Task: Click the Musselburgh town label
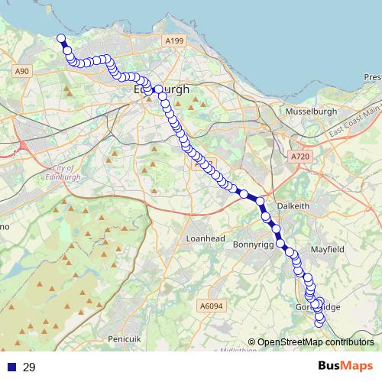pyautogui.click(x=310, y=112)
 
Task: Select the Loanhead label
pyautogui.click(x=204, y=238)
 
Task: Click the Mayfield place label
pyautogui.click(x=328, y=250)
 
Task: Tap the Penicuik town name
pyautogui.click(x=125, y=338)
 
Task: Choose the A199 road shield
pyautogui.click(x=173, y=40)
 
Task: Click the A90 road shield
pyautogui.click(x=21, y=71)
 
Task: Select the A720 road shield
pyautogui.click(x=300, y=156)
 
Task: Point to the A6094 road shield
pyautogui.click(x=210, y=306)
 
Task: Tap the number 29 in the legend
pyautogui.click(x=29, y=367)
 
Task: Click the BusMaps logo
pyautogui.click(x=345, y=366)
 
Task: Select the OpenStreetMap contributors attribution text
pyautogui.click(x=311, y=342)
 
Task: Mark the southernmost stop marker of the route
pyautogui.click(x=320, y=323)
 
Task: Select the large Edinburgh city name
pyautogui.click(x=161, y=89)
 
